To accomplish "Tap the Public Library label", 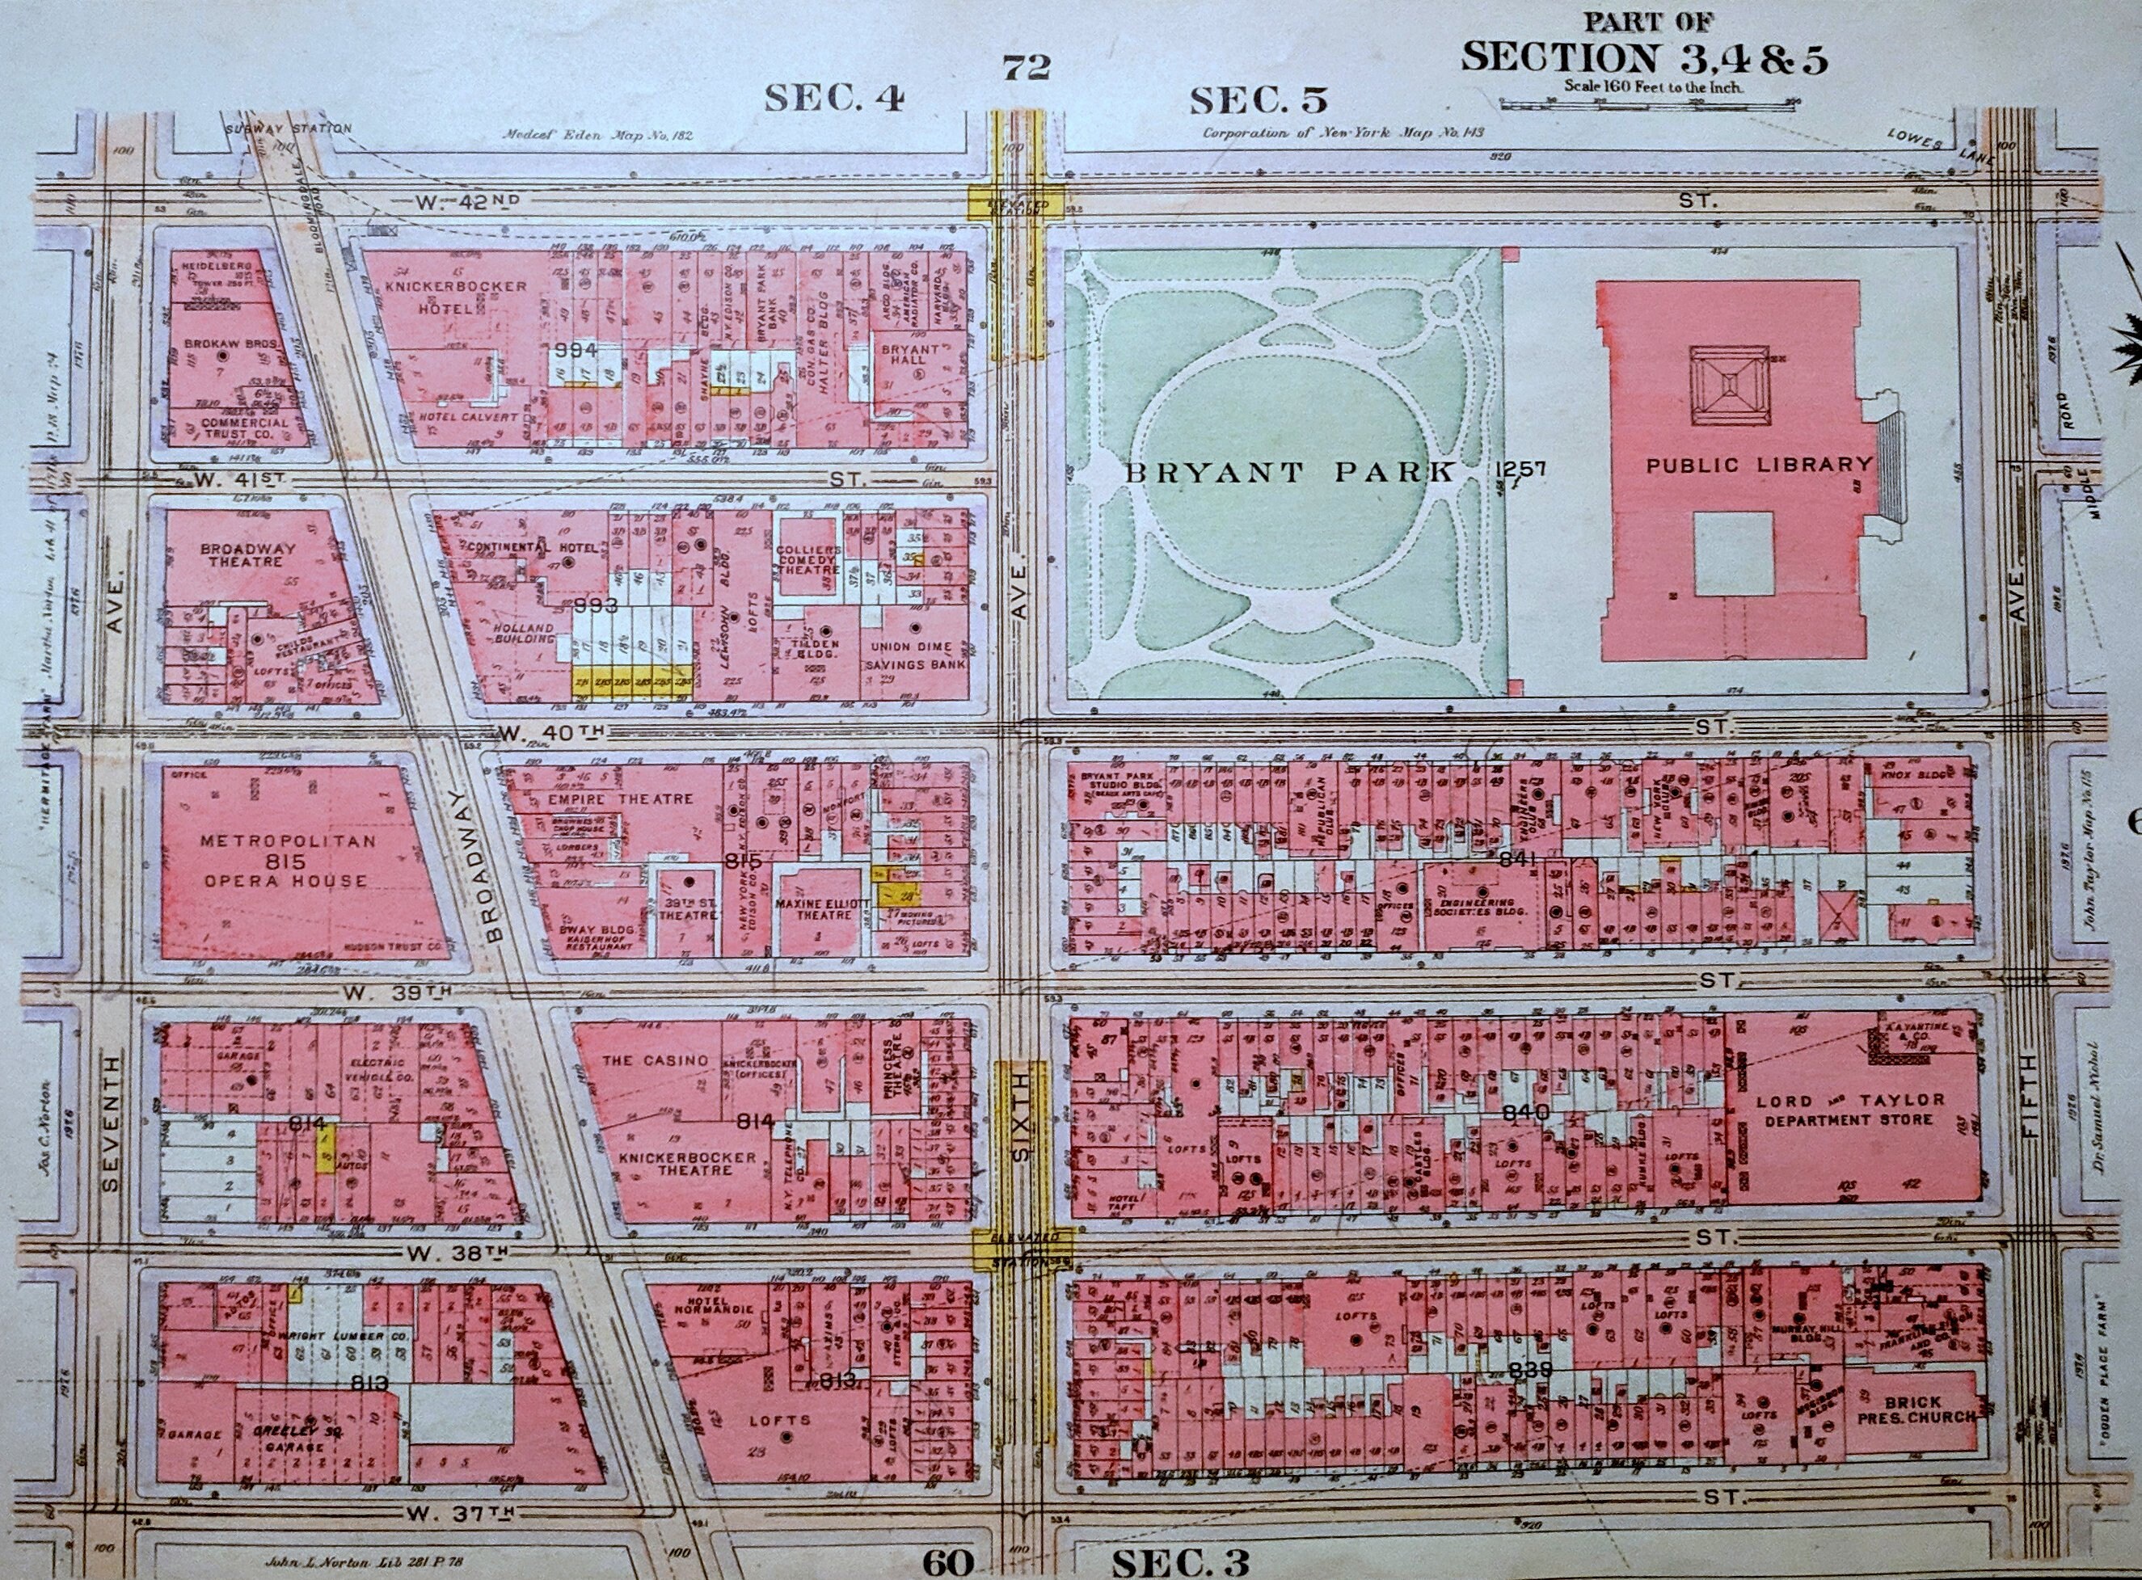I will tap(1758, 465).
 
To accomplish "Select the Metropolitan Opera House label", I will tap(286, 860).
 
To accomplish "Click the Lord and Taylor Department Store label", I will tap(1850, 1110).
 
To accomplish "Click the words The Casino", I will tap(656, 1060).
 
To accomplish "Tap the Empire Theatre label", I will tap(621, 798).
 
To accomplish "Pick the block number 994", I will tap(575, 350).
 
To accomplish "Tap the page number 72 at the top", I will tap(1027, 67).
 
